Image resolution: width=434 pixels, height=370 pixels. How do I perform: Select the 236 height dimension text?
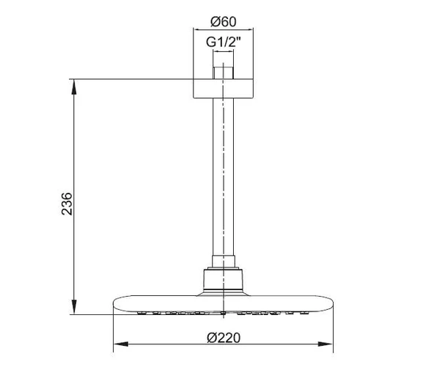coord(65,203)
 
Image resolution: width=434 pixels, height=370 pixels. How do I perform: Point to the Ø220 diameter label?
coord(223,336)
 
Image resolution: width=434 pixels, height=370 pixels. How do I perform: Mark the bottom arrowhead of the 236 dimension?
coord(73,308)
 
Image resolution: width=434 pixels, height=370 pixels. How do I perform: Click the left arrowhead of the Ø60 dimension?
coord(196,29)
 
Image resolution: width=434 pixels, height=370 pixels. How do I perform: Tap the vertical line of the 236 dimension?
coord(73,147)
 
